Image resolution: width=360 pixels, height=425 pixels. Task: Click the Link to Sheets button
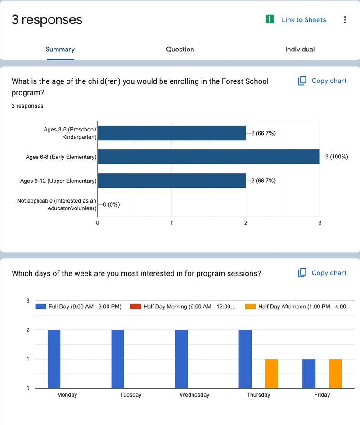[x=296, y=20]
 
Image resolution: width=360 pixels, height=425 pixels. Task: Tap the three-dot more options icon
[x=345, y=20]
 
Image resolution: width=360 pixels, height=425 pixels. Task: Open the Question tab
[x=180, y=50]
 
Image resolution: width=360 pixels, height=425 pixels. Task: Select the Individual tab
[x=300, y=50]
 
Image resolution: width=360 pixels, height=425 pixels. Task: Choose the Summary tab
[x=60, y=50]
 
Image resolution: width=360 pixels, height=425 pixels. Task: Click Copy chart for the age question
[x=322, y=81]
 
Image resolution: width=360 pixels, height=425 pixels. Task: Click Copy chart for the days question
[x=322, y=273]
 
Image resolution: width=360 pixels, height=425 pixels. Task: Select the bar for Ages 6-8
[x=208, y=157]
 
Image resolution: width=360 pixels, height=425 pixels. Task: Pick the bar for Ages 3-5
[x=171, y=133]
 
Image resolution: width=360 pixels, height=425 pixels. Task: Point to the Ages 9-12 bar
[x=171, y=181]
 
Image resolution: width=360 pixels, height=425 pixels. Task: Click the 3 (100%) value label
[x=336, y=157]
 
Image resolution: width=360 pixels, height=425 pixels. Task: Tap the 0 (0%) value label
[x=112, y=204]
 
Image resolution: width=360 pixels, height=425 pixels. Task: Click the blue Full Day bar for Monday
[x=54, y=359]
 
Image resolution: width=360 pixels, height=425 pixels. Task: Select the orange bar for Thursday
[x=272, y=373]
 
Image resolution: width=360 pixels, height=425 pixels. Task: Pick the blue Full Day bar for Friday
[x=309, y=373]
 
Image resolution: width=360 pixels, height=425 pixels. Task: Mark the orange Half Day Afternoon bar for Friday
[x=335, y=373]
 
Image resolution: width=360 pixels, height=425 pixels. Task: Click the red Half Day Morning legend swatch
[x=135, y=307]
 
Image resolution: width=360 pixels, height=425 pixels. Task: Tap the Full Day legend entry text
[x=85, y=307]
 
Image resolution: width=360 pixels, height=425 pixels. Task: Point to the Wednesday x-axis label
[x=194, y=395]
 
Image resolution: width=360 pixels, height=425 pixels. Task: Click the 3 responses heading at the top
[x=47, y=20]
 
